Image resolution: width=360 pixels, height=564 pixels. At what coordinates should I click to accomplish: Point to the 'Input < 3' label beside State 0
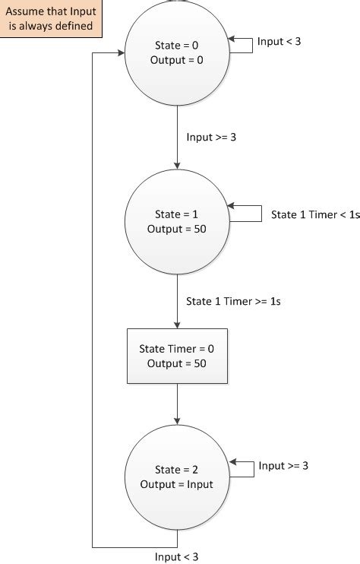[x=279, y=41]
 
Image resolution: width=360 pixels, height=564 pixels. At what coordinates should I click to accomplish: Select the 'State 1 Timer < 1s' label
[x=309, y=215]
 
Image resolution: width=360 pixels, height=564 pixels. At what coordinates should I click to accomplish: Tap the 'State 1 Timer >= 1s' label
[x=234, y=300]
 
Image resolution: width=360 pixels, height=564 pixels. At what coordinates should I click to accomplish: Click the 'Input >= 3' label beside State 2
[x=283, y=465]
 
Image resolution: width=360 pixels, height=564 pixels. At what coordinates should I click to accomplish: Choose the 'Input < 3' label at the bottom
[x=176, y=557]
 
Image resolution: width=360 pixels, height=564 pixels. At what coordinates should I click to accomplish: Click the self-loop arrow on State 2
[x=242, y=469]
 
